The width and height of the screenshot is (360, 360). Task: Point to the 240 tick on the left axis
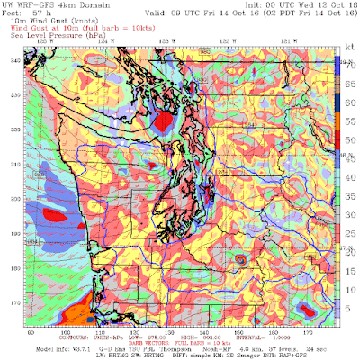point(14,60)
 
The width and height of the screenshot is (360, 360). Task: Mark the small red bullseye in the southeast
point(240,260)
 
